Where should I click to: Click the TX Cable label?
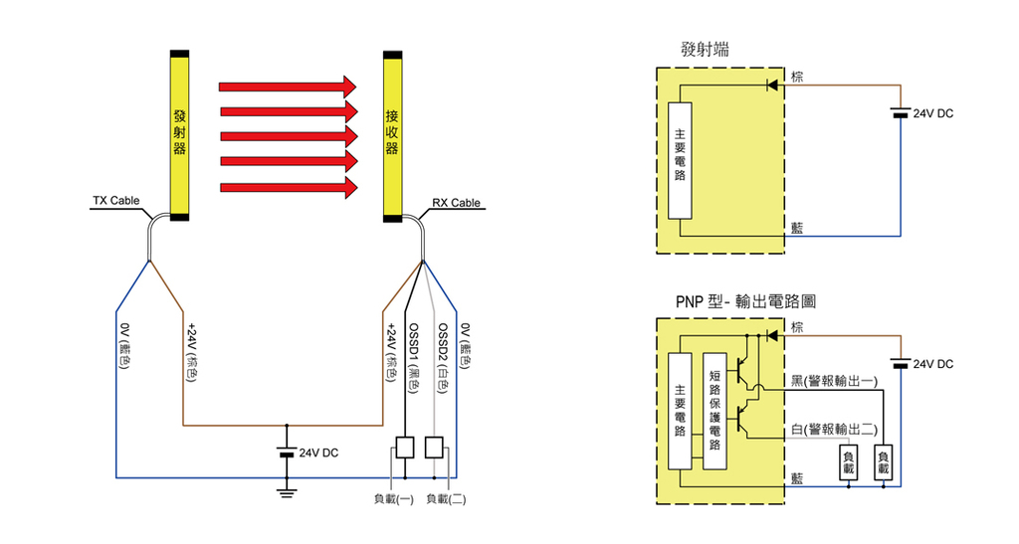(x=116, y=201)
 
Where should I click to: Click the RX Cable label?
(x=456, y=203)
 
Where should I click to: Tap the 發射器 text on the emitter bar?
(x=179, y=134)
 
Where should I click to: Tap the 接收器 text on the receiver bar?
(x=392, y=134)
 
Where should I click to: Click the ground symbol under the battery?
(x=287, y=488)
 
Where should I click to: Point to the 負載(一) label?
(x=394, y=499)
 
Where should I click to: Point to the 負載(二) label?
(x=445, y=499)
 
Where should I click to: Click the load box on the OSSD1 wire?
(x=405, y=447)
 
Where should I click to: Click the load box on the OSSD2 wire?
(x=434, y=447)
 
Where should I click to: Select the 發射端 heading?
(x=703, y=49)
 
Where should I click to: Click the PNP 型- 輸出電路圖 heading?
(x=745, y=300)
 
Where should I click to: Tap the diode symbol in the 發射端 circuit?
(x=771, y=86)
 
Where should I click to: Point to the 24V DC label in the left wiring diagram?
(x=318, y=453)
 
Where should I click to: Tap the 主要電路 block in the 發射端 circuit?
(x=680, y=159)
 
